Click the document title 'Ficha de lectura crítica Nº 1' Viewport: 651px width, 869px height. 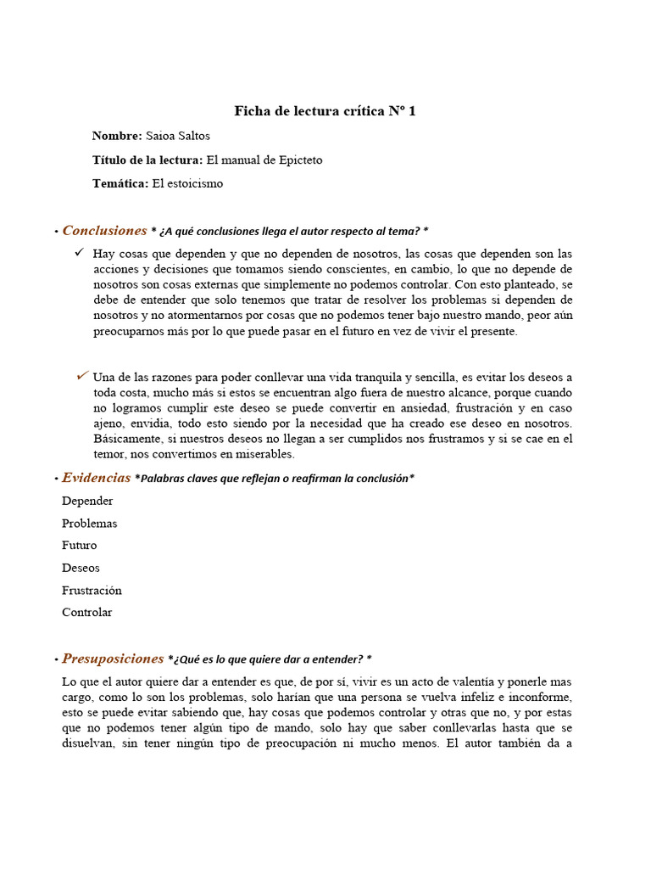click(325, 111)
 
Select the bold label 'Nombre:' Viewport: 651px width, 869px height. click(117, 136)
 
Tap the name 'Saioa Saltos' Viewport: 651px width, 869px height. click(178, 136)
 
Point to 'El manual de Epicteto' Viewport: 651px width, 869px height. click(264, 160)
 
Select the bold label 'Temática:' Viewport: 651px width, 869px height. click(120, 183)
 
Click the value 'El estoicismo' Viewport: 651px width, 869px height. click(187, 183)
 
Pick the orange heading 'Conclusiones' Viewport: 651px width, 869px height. click(104, 231)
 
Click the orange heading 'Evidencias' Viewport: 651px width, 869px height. click(96, 478)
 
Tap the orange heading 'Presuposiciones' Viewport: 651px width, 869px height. click(113, 659)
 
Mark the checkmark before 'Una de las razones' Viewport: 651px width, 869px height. click(81, 375)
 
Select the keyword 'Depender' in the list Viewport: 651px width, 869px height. click(87, 501)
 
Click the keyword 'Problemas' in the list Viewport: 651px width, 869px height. click(89, 523)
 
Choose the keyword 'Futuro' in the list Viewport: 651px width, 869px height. click(79, 545)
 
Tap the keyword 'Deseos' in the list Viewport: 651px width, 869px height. click(81, 568)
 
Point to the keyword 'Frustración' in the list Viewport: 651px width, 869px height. click(92, 590)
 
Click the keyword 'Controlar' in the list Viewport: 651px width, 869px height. click(86, 612)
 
